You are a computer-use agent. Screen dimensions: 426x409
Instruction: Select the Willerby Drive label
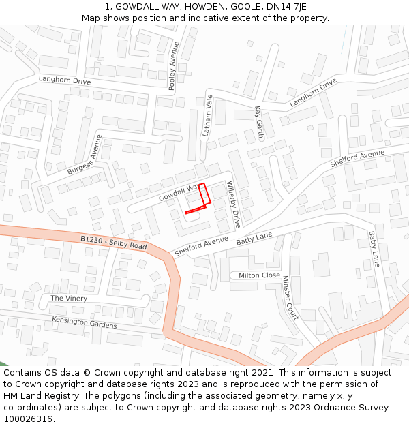click(x=234, y=204)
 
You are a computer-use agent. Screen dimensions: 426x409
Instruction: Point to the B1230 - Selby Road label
click(x=113, y=242)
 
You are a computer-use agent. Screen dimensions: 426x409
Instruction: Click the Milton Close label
click(x=259, y=275)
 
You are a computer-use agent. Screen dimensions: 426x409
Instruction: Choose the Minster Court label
click(x=290, y=298)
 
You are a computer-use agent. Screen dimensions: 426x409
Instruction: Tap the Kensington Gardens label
click(x=84, y=322)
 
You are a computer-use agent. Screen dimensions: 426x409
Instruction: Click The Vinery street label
click(x=69, y=299)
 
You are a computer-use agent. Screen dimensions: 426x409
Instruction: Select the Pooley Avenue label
click(x=173, y=66)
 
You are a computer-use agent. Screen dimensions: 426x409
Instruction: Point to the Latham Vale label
click(x=208, y=116)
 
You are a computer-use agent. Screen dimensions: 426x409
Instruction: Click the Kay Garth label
click(x=258, y=120)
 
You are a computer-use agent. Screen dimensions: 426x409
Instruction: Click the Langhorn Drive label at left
click(x=65, y=80)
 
